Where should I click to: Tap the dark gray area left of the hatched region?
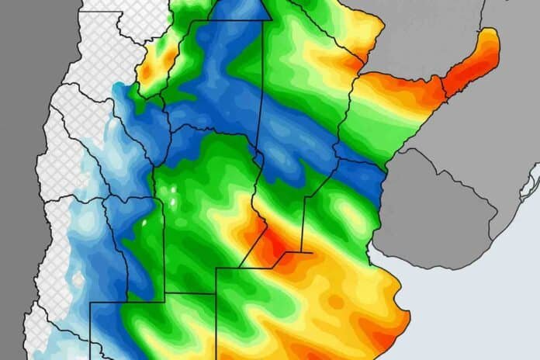[19, 116]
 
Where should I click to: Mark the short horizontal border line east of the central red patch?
[298, 251]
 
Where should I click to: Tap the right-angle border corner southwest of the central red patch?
[216, 268]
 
